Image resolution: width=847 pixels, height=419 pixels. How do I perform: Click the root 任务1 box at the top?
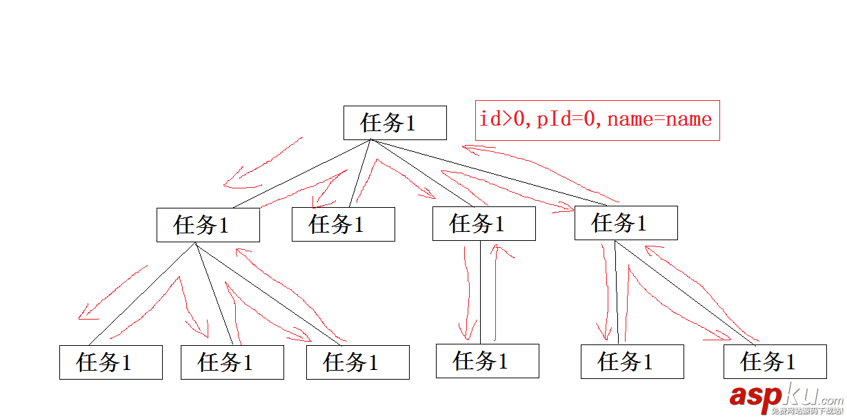(395, 123)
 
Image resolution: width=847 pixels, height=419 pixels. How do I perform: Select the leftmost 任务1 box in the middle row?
(208, 225)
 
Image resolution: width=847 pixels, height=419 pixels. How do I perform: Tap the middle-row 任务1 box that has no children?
(343, 224)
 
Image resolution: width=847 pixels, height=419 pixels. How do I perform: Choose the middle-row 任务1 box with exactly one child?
(484, 224)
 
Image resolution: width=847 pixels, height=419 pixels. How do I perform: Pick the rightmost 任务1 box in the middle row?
(626, 223)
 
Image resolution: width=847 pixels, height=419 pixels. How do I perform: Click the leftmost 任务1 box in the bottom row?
(110, 362)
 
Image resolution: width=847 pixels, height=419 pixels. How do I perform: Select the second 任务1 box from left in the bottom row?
(232, 362)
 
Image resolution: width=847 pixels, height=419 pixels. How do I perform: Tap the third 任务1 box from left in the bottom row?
(357, 362)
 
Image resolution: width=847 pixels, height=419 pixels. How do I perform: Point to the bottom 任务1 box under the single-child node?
(487, 361)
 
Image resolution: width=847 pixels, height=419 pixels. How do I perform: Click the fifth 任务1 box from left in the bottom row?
(632, 362)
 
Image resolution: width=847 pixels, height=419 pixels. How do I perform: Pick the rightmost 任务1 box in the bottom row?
(775, 362)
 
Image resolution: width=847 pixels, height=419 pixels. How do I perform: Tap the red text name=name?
(659, 119)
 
